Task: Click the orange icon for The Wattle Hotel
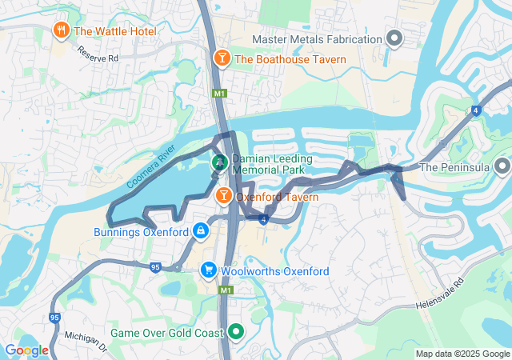[x=61, y=31]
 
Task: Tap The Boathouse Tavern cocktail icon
[x=222, y=58]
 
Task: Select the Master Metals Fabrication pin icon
[x=394, y=38]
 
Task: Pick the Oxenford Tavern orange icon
[x=223, y=196]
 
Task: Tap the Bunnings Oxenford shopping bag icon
[x=200, y=232]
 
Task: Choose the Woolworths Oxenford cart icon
[x=209, y=270]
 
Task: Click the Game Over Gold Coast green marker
[x=235, y=331]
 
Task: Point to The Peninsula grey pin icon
[x=502, y=167]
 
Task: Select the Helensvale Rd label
[x=440, y=295]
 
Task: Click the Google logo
[x=26, y=350]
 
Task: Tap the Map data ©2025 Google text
[x=462, y=354]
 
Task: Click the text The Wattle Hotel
[x=115, y=31]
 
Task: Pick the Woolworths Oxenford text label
[x=275, y=271]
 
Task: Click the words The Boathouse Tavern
[x=290, y=59]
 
